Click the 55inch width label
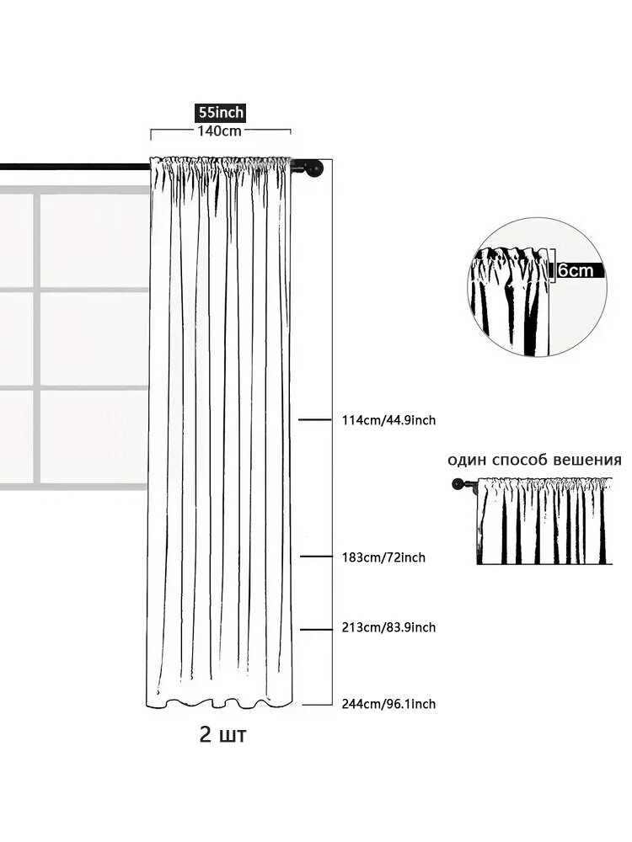pyautogui.click(x=219, y=113)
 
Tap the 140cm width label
pyautogui.click(x=219, y=131)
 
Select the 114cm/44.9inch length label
pyautogui.click(x=388, y=420)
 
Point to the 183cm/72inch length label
pyautogui.click(x=383, y=557)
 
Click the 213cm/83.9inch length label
pyautogui.click(x=388, y=627)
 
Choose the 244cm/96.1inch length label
pyautogui.click(x=388, y=703)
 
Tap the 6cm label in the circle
pyautogui.click(x=576, y=270)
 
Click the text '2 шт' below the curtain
pyautogui.click(x=222, y=734)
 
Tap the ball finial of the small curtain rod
pyautogui.click(x=458, y=484)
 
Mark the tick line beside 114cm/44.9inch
pyautogui.click(x=315, y=419)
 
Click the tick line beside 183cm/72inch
pyautogui.click(x=317, y=557)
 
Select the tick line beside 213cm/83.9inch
pyautogui.click(x=317, y=629)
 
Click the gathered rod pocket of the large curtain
pyautogui.click(x=220, y=164)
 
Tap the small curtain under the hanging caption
pyautogui.click(x=544, y=520)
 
